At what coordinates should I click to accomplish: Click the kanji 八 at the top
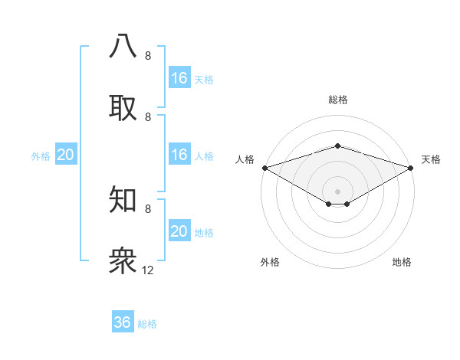(123, 47)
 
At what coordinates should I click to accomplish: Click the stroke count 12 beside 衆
(148, 270)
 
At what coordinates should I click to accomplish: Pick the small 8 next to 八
(148, 56)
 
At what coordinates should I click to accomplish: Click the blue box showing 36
(123, 322)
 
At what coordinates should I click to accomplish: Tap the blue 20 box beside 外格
(66, 155)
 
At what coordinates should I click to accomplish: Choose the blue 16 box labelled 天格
(179, 78)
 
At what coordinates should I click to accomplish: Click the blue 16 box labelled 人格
(179, 155)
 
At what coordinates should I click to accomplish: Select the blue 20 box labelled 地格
(179, 231)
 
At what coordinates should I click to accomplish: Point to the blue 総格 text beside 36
(147, 324)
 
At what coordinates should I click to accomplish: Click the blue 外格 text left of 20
(41, 156)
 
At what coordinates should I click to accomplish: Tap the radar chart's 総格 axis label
(338, 100)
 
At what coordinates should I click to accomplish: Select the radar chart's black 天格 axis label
(432, 159)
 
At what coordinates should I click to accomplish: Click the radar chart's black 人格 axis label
(245, 159)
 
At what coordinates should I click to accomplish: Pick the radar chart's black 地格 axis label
(402, 263)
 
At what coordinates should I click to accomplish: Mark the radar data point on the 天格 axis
(412, 167)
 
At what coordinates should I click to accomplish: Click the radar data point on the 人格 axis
(264, 167)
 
